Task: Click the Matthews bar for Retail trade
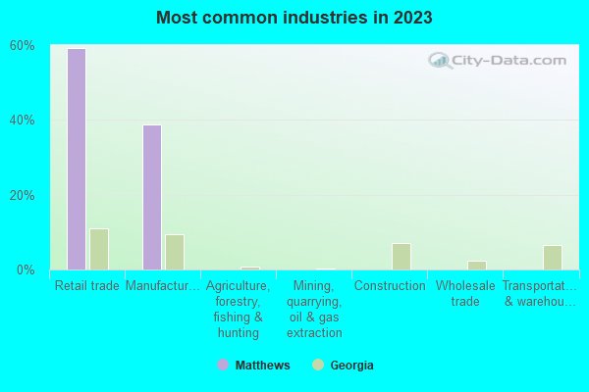[x=76, y=159]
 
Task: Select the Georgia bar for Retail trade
[x=98, y=249]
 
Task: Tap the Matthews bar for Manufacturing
[x=151, y=197]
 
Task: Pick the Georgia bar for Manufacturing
[x=174, y=252]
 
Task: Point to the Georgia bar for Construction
[x=401, y=256]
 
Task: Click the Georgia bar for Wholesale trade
[x=476, y=265]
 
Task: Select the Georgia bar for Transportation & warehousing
[x=552, y=257]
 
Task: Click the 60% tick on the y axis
[x=23, y=46]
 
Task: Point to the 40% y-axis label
[x=23, y=121]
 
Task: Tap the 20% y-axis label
[x=23, y=195]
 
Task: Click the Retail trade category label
[x=87, y=286]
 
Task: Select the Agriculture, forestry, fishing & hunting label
[x=238, y=309]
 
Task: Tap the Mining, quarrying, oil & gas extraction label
[x=314, y=309]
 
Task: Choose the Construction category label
[x=390, y=286]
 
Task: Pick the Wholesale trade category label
[x=465, y=293]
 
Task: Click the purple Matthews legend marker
[x=223, y=366]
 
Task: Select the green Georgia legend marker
[x=317, y=366]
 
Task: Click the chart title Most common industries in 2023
[x=294, y=18]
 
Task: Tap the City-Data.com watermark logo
[x=498, y=61]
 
